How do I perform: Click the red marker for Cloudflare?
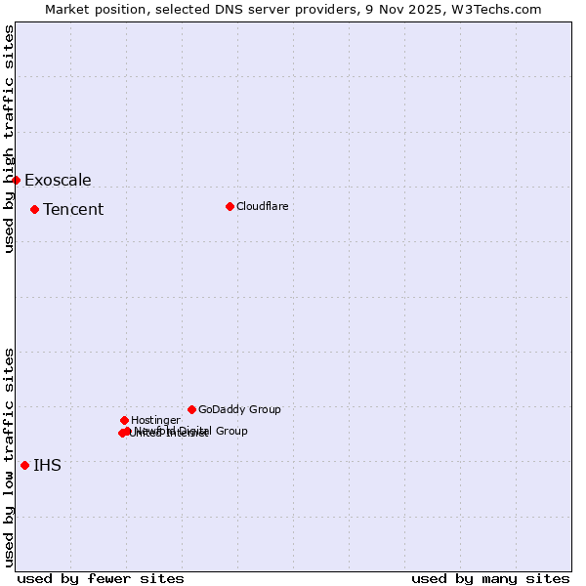pos(230,206)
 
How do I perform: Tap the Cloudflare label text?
pos(262,206)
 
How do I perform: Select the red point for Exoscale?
pos(16,180)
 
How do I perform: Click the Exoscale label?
pos(58,180)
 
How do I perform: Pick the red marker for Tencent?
pos(34,209)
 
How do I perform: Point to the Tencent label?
pos(73,209)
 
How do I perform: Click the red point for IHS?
pos(24,465)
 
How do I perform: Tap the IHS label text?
pos(47,465)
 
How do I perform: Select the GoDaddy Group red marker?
pos(191,409)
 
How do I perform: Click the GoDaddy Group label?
pos(239,409)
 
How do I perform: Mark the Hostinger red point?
pos(124,420)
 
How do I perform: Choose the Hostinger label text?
pos(155,420)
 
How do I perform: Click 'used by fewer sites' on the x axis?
pos(101,578)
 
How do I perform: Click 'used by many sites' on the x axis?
pos(490,578)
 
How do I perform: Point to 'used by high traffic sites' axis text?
pos(9,139)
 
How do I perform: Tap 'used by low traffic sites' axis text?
pos(9,457)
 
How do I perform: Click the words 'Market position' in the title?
pos(93,9)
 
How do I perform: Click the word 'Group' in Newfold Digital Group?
pos(230,431)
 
